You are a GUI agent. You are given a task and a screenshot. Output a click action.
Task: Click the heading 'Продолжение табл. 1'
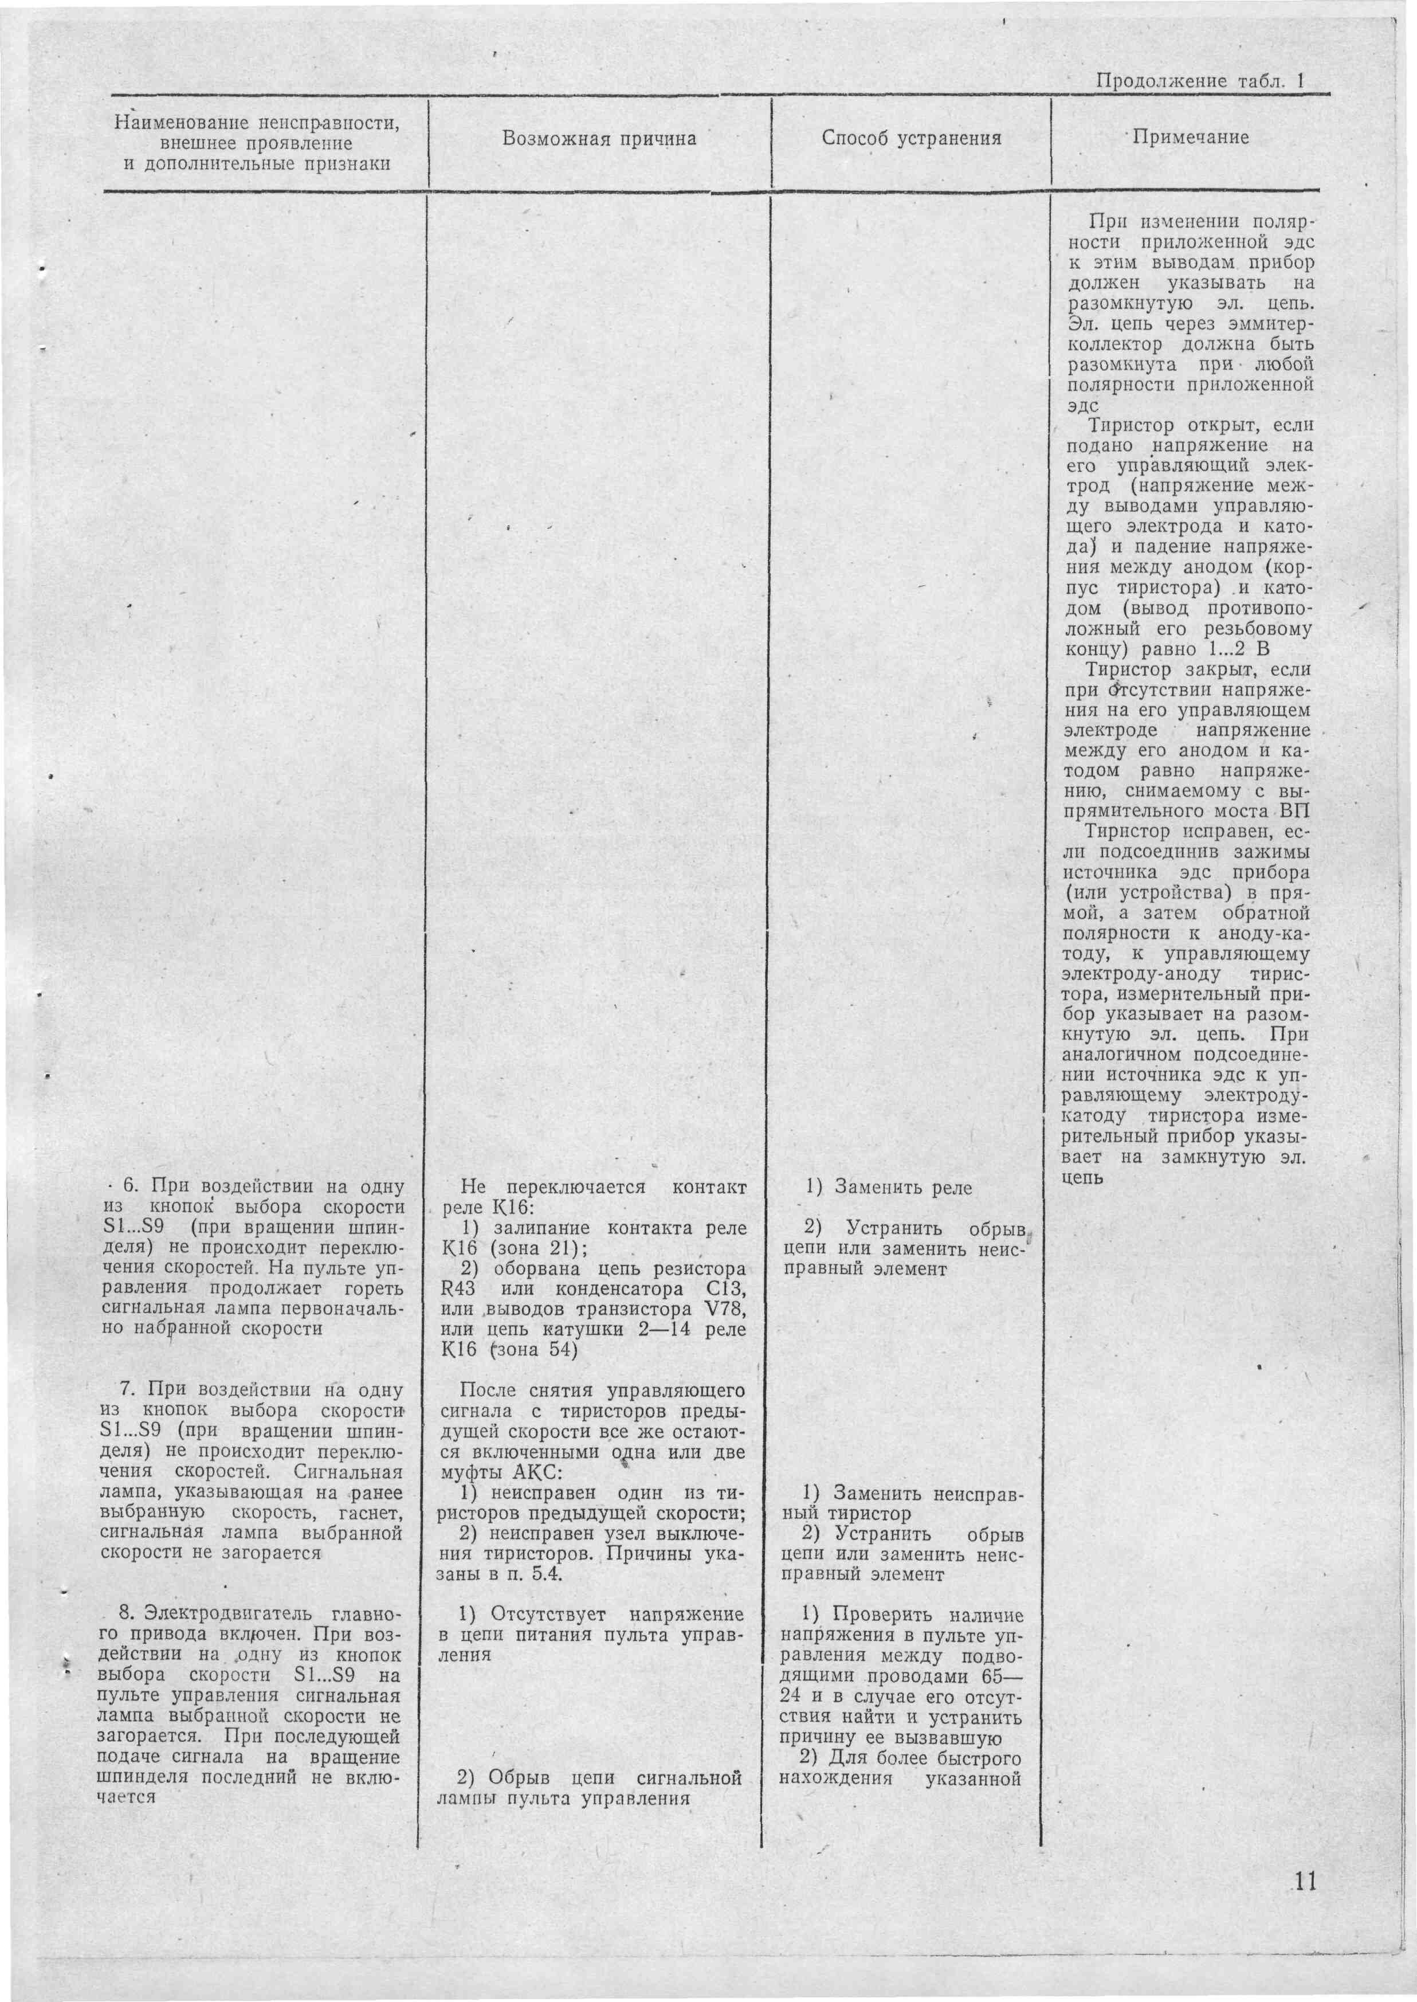pyautogui.click(x=1199, y=81)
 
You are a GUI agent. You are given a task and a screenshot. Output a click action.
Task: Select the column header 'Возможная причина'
pyautogui.click(x=599, y=139)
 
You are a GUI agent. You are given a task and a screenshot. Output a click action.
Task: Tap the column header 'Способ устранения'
pyautogui.click(x=911, y=139)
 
